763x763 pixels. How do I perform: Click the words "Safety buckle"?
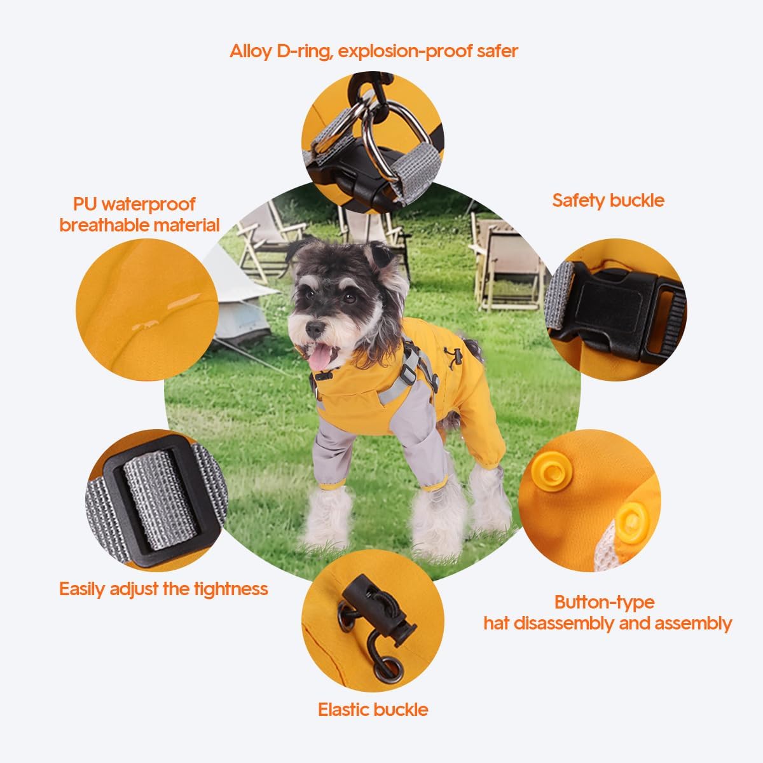(608, 200)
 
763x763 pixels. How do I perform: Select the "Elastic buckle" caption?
(373, 709)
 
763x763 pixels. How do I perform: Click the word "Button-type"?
(604, 601)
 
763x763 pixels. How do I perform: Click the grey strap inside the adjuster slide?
(149, 502)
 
